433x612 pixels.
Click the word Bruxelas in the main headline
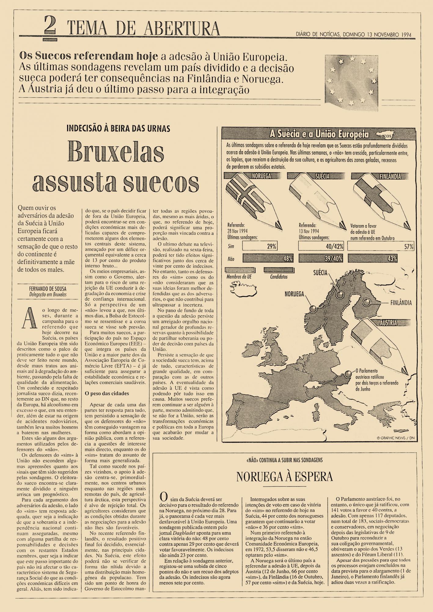pos(116,152)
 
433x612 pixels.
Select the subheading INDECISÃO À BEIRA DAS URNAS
pos(118,128)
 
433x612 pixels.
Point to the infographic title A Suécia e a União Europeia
pos(319,134)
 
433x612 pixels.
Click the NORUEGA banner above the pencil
pos(262,176)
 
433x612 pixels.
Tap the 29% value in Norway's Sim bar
pos(272,246)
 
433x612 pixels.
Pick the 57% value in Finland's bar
pos(409,246)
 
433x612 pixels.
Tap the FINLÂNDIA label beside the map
pos(401,303)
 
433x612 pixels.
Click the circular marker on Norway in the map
pos(312,309)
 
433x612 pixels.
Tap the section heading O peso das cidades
pos(107,394)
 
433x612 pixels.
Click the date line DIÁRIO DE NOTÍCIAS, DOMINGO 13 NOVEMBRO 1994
pos(354,35)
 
